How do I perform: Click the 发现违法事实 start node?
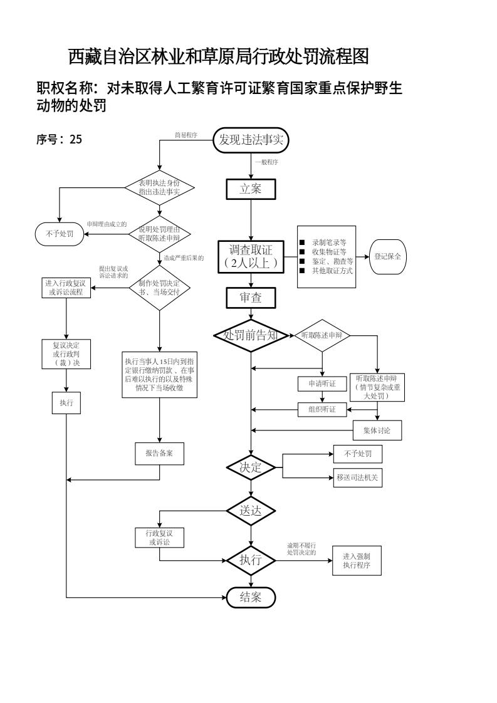[251, 140]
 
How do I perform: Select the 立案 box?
[251, 189]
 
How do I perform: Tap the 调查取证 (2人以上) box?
[251, 257]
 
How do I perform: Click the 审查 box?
[251, 298]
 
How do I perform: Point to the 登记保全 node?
[388, 257]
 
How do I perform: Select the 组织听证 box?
[322, 410]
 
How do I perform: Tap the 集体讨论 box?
[377, 430]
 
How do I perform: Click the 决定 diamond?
[251, 467]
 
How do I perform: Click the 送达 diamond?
[251, 511]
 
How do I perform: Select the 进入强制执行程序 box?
[357, 561]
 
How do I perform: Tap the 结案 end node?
[251, 597]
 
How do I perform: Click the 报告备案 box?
[159, 454]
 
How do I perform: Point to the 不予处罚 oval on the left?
[60, 234]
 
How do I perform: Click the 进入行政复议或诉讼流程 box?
[66, 288]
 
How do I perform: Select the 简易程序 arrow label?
[186, 135]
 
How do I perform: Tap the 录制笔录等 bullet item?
[328, 241]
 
